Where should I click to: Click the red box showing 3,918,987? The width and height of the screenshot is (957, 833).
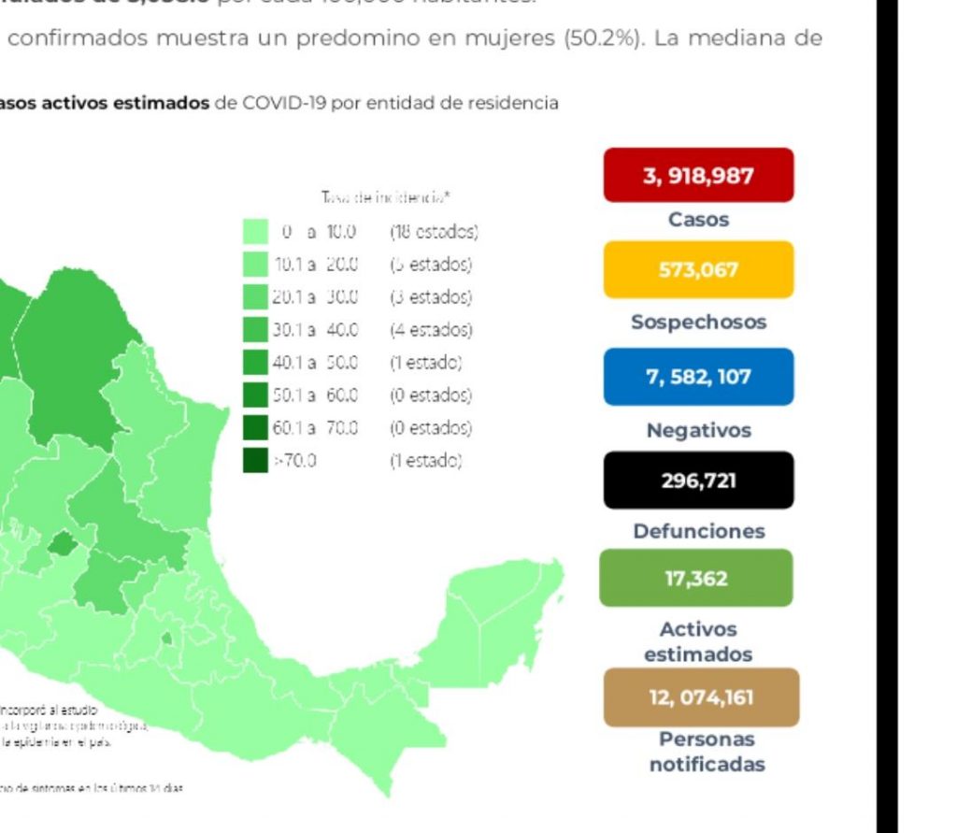(x=698, y=176)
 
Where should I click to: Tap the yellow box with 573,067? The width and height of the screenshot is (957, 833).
(x=698, y=270)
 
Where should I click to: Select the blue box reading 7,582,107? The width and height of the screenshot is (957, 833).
(x=698, y=377)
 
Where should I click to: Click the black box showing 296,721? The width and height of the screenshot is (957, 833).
(x=698, y=481)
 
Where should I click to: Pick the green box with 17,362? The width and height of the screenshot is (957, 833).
(x=696, y=578)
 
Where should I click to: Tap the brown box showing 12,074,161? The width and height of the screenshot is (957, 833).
(x=701, y=697)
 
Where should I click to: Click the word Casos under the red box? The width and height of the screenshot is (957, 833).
(x=698, y=221)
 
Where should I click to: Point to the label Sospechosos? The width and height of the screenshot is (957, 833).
(x=698, y=323)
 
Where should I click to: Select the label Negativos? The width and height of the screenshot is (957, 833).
(x=698, y=431)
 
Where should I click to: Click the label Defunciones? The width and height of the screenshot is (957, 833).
(x=698, y=531)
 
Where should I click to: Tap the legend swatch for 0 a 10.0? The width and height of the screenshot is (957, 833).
(x=255, y=231)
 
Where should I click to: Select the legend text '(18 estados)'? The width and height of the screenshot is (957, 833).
(x=434, y=231)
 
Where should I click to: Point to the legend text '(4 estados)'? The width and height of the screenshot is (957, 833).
(x=431, y=329)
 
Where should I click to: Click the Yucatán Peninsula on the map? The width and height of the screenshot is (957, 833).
(x=505, y=608)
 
